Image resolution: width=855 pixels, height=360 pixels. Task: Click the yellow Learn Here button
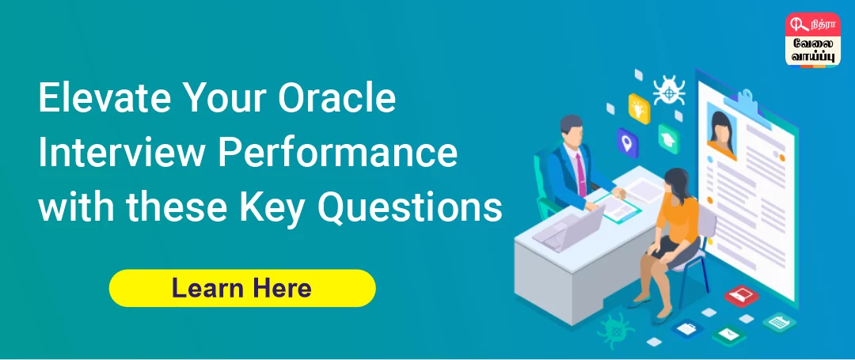click(x=241, y=288)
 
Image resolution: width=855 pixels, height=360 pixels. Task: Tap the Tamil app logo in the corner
click(x=812, y=40)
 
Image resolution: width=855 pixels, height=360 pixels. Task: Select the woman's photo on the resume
click(x=722, y=131)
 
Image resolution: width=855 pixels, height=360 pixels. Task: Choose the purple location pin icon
click(x=628, y=142)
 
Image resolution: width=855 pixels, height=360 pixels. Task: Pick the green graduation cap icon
click(x=670, y=138)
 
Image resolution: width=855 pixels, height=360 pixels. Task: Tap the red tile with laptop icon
click(x=741, y=295)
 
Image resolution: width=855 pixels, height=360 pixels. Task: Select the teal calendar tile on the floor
click(x=779, y=321)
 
